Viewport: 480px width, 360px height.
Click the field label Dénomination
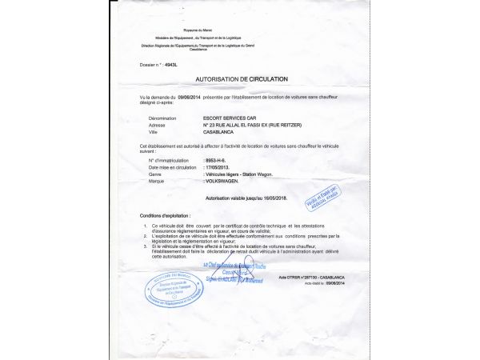162,118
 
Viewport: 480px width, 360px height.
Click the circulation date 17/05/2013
220,167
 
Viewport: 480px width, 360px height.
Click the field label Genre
155,174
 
